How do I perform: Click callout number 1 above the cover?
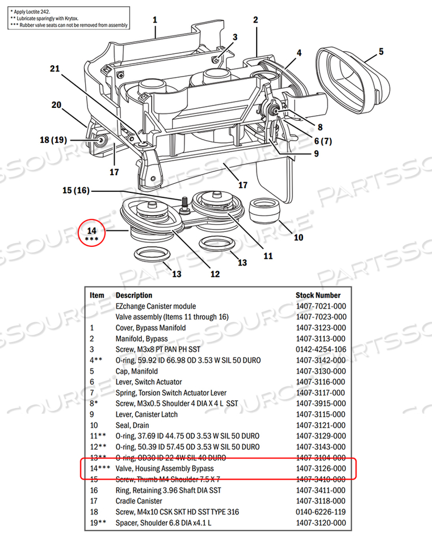click(x=154, y=20)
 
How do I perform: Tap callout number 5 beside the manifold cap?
click(x=381, y=52)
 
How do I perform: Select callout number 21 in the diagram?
click(x=54, y=69)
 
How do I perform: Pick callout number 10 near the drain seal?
click(x=298, y=238)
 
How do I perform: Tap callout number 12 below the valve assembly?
click(x=215, y=274)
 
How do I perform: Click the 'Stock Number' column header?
click(x=318, y=295)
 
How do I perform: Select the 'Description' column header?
click(x=134, y=295)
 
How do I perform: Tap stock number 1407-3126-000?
click(x=320, y=468)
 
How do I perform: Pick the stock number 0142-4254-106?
click(x=320, y=349)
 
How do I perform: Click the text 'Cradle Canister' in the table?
click(x=139, y=501)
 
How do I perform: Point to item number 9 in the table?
click(x=93, y=414)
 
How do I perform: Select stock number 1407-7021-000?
click(x=320, y=306)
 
